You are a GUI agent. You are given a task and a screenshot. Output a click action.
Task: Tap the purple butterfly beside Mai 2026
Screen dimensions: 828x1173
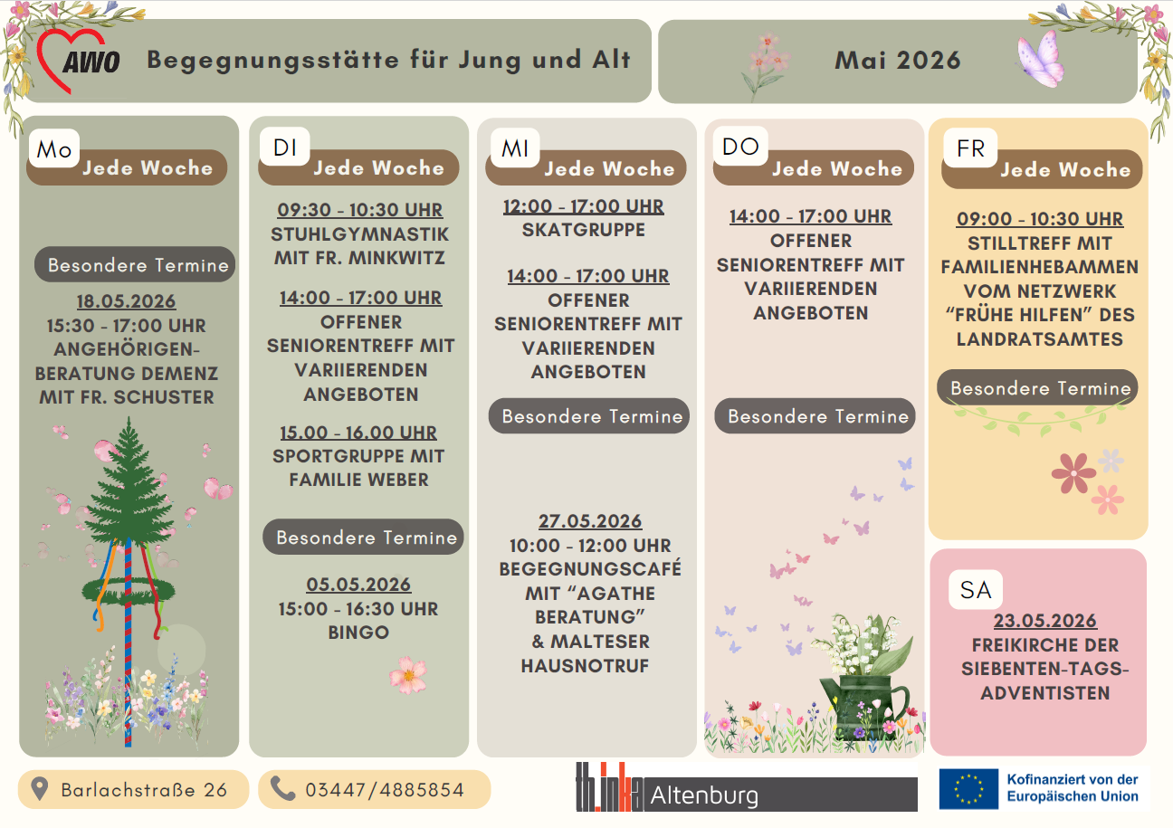point(1039,59)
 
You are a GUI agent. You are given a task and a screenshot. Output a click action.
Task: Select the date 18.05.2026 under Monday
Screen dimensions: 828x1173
point(126,301)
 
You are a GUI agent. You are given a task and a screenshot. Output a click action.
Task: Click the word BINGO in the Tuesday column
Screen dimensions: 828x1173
point(359,633)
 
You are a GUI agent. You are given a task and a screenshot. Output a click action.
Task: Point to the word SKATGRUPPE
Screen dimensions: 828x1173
point(584,230)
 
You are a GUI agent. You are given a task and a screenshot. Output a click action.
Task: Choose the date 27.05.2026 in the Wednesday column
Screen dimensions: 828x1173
point(590,521)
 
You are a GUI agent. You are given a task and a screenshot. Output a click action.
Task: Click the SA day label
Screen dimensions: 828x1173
point(976,590)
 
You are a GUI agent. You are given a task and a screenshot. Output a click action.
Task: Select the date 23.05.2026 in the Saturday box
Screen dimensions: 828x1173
point(1045,621)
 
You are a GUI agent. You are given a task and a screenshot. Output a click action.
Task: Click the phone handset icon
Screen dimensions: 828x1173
point(283,789)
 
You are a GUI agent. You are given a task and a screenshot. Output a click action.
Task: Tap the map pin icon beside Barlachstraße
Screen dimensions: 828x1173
point(40,789)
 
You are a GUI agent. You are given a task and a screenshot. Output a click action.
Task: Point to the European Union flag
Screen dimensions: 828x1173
point(968,789)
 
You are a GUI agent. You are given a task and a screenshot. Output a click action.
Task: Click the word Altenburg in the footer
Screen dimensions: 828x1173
point(705,796)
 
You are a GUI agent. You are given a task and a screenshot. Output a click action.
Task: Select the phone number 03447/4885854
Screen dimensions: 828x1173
point(385,790)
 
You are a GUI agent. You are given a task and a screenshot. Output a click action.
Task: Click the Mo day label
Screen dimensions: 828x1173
point(54,149)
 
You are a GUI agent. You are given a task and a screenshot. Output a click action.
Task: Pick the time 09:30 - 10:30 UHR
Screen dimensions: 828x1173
point(360,210)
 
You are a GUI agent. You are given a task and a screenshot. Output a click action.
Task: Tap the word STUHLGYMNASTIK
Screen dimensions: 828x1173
point(360,234)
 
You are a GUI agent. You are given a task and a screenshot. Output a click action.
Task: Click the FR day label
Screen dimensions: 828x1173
point(970,148)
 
